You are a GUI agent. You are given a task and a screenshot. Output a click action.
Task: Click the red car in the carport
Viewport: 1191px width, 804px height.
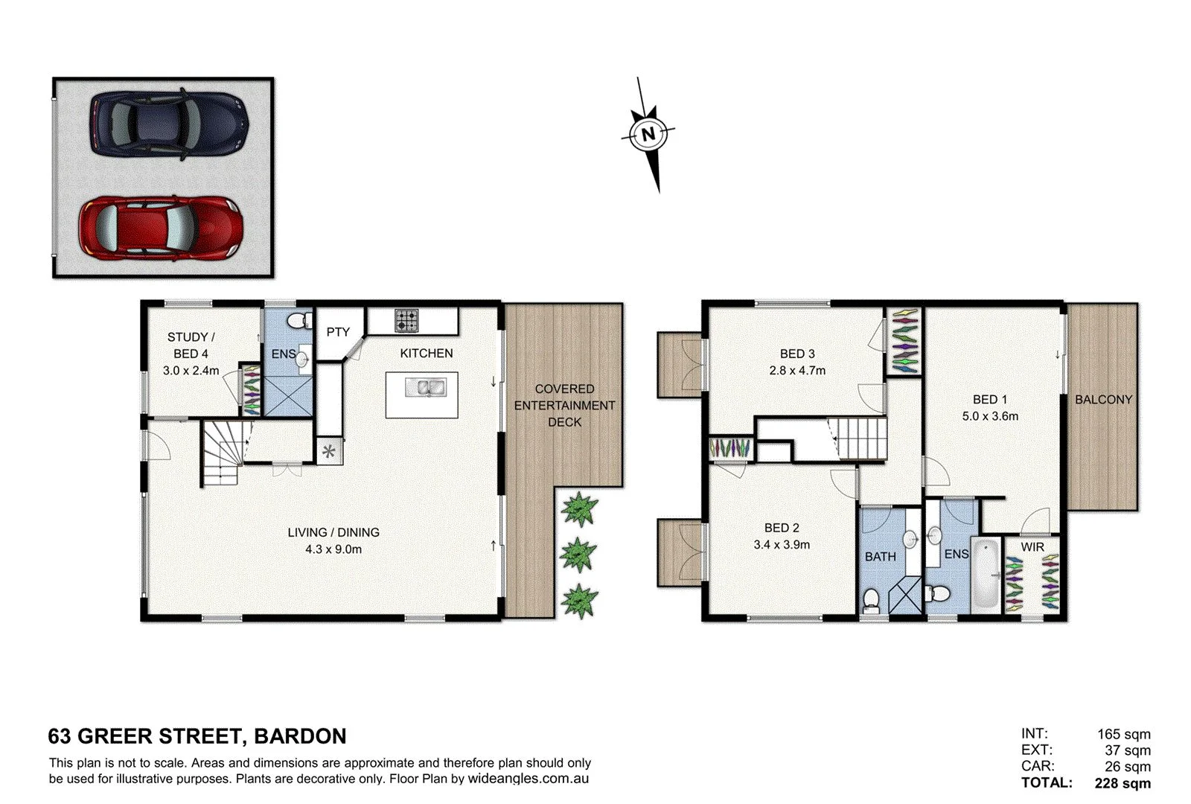click(160, 228)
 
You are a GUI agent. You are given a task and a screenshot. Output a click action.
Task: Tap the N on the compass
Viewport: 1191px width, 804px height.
click(648, 135)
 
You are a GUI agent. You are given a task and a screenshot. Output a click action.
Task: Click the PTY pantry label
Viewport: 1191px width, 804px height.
click(338, 332)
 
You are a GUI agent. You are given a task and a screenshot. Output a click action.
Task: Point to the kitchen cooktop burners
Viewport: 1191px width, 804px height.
click(406, 321)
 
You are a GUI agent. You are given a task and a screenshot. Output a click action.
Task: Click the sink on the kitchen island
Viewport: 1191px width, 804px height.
click(425, 387)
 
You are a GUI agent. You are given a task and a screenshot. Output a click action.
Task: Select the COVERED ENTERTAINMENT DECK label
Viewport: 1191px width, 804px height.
click(564, 405)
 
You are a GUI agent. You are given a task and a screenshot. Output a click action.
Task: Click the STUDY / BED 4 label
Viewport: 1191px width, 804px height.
click(191, 345)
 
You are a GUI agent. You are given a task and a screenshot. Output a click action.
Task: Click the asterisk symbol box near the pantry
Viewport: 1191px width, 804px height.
click(329, 450)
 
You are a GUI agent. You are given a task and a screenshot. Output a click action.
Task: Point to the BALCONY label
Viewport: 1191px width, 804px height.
click(1102, 400)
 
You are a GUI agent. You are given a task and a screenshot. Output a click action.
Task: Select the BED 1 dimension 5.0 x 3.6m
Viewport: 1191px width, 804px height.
click(989, 416)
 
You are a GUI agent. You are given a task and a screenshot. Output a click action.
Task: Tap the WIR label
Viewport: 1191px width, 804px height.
click(1032, 546)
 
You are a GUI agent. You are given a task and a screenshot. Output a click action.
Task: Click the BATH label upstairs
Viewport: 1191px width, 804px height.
click(880, 556)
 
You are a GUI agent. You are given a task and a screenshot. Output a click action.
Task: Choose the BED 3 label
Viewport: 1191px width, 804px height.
click(797, 354)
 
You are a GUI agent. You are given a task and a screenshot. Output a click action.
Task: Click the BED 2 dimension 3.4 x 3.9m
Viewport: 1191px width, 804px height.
click(782, 544)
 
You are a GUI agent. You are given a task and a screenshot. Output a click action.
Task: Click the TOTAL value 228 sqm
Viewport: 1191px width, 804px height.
click(1123, 783)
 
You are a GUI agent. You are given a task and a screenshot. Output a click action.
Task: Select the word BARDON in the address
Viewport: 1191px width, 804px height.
click(300, 736)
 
